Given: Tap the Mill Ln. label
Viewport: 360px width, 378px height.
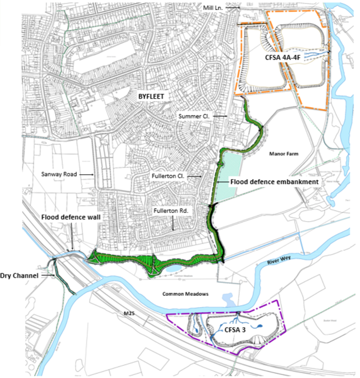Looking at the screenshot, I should coord(217,8).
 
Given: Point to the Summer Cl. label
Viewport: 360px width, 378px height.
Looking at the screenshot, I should coord(194,116).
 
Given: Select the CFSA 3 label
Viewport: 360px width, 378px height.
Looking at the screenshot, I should coord(237,330).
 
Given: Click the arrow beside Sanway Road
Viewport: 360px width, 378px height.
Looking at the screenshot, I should coord(87,174).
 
